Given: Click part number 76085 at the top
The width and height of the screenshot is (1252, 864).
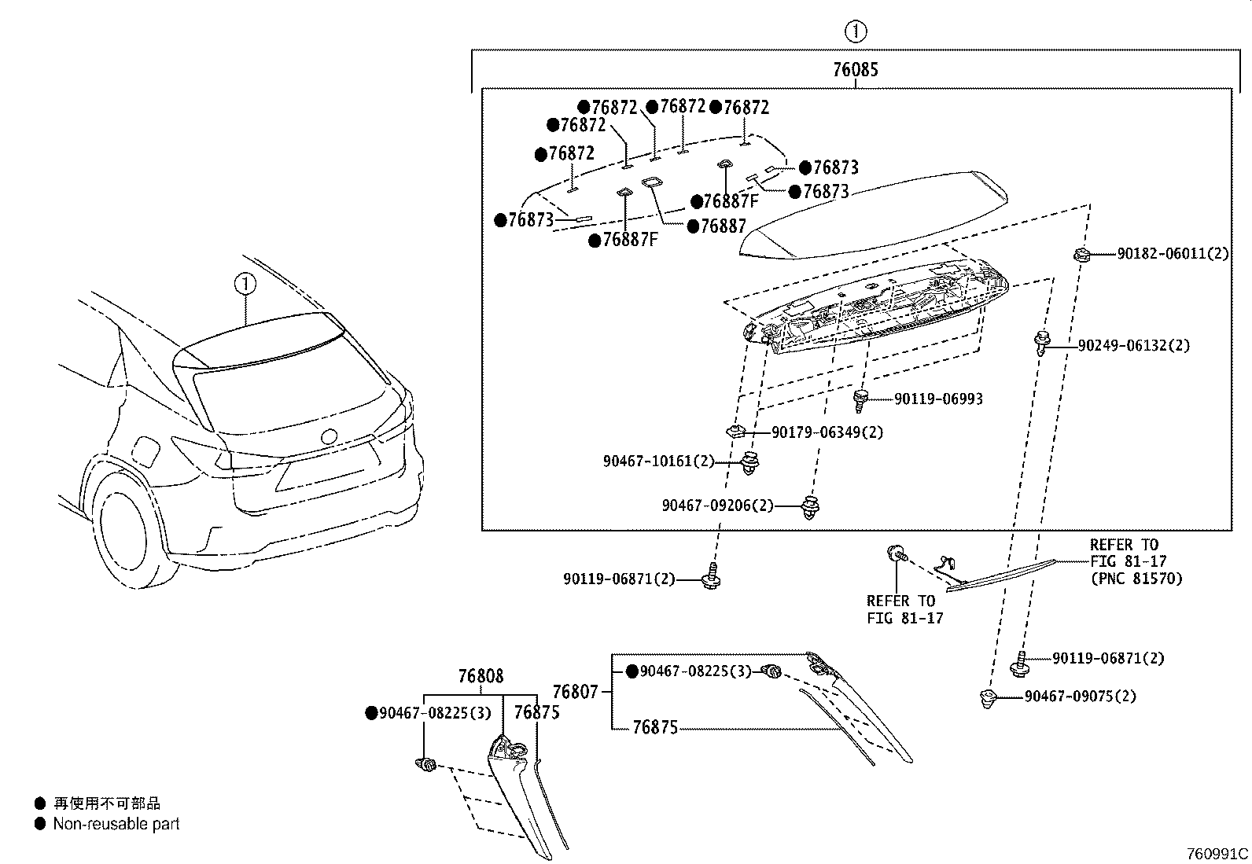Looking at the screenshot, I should pyautogui.click(x=856, y=70).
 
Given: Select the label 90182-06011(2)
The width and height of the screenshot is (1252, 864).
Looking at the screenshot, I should pyautogui.click(x=1173, y=254).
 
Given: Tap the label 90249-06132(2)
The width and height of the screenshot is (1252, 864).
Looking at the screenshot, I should pyautogui.click(x=1133, y=345).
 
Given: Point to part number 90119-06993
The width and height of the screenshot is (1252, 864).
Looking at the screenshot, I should pyautogui.click(x=938, y=399).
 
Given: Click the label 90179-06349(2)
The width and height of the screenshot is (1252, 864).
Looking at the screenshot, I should pyautogui.click(x=827, y=432).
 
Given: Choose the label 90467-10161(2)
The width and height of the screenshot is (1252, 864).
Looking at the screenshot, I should pyautogui.click(x=658, y=461).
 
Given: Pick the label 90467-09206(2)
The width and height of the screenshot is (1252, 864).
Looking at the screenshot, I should pyautogui.click(x=717, y=506).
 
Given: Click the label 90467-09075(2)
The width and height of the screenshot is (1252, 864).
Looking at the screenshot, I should pyautogui.click(x=1080, y=697).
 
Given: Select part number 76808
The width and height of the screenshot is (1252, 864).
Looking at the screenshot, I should pyautogui.click(x=481, y=676).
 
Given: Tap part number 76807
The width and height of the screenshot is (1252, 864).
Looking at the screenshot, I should pyautogui.click(x=576, y=692).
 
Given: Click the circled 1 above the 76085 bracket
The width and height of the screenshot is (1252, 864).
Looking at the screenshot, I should pyautogui.click(x=855, y=32).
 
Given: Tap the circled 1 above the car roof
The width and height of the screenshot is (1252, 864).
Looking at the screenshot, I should pyautogui.click(x=245, y=283).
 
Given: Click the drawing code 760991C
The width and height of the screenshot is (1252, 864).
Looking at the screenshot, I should pyautogui.click(x=1217, y=853).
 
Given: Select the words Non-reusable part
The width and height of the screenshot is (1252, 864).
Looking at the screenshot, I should pyautogui.click(x=116, y=824).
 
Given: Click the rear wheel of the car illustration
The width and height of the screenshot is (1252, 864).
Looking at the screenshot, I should pyautogui.click(x=124, y=523).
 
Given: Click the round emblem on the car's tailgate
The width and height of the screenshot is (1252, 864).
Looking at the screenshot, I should pyautogui.click(x=328, y=436).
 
